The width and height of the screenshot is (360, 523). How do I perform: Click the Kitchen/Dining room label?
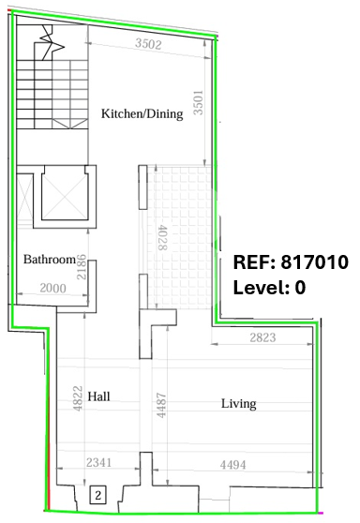click(x=142, y=113)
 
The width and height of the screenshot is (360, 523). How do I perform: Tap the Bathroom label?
click(x=50, y=260)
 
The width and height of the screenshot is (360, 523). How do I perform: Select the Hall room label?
click(x=98, y=396)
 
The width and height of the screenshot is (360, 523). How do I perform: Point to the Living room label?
click(x=239, y=404)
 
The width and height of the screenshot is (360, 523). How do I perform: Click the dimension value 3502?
click(x=148, y=44)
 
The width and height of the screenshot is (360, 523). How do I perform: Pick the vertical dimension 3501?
click(x=198, y=102)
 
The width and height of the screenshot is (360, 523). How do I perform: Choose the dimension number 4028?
click(x=162, y=237)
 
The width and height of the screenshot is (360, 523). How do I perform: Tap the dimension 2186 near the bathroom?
click(x=82, y=267)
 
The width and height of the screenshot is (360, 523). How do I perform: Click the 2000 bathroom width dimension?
click(x=52, y=288)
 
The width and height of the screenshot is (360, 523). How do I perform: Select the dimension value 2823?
click(x=262, y=337)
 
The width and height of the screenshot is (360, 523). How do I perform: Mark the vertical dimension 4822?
click(x=78, y=398)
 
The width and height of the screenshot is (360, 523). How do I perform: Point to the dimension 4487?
click(x=161, y=405)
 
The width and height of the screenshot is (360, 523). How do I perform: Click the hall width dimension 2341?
click(x=98, y=463)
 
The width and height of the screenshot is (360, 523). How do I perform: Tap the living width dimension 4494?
click(x=232, y=465)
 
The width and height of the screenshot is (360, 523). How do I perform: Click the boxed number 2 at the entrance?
click(x=97, y=495)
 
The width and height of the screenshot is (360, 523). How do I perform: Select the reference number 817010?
click(x=315, y=261)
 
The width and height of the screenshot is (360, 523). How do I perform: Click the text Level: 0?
click(x=269, y=287)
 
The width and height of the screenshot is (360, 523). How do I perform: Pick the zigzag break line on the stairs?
click(x=51, y=42)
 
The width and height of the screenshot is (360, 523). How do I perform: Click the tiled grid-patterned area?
click(x=179, y=236)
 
